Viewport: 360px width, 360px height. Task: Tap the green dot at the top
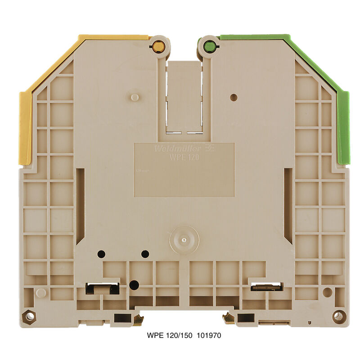click(x=209, y=45)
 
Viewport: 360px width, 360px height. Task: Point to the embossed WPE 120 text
click(x=184, y=157)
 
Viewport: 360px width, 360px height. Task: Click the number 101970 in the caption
click(x=207, y=336)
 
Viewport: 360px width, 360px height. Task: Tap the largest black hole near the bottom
click(x=134, y=284)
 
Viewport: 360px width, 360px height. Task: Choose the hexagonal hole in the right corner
click(x=338, y=316)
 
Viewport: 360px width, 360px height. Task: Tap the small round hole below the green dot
click(x=233, y=97)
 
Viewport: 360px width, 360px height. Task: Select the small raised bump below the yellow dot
click(x=134, y=97)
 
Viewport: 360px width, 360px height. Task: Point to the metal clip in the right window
click(x=266, y=287)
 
